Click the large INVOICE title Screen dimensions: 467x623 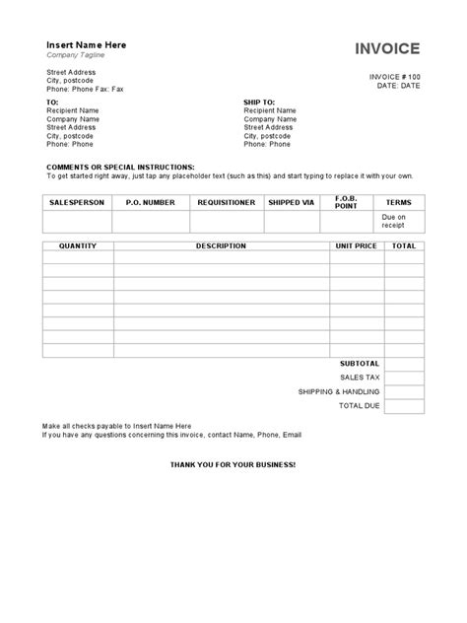[x=387, y=48]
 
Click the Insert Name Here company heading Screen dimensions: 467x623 [x=87, y=45]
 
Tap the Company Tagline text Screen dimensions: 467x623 [x=76, y=56]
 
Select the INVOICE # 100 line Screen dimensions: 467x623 [x=396, y=76]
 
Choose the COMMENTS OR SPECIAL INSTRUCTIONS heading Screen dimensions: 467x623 [x=121, y=168]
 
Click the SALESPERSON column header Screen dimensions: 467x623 [x=77, y=202]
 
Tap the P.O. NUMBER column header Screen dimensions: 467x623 [x=151, y=202]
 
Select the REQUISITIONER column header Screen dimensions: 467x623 [x=227, y=202]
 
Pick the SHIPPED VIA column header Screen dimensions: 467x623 [x=291, y=202]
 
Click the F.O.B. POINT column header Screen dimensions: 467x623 [x=346, y=202]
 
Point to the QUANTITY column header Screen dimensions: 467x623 [x=78, y=245]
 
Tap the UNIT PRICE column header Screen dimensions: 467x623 [x=356, y=245]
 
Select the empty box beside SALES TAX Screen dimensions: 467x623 [x=404, y=378]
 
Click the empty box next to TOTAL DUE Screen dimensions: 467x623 [x=404, y=405]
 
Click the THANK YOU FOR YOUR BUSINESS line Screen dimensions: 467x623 [x=233, y=462]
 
